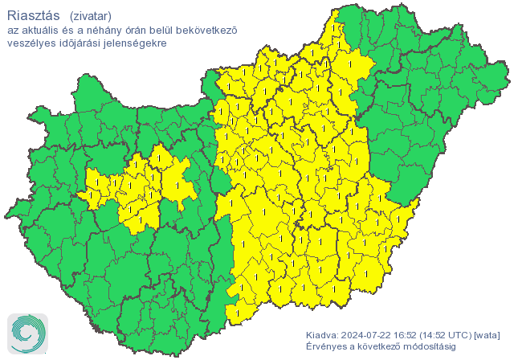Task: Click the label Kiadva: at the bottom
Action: pyautogui.click(x=323, y=335)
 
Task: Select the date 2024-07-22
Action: pyautogui.click(x=368, y=335)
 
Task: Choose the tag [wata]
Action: pyautogui.click(x=489, y=335)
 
